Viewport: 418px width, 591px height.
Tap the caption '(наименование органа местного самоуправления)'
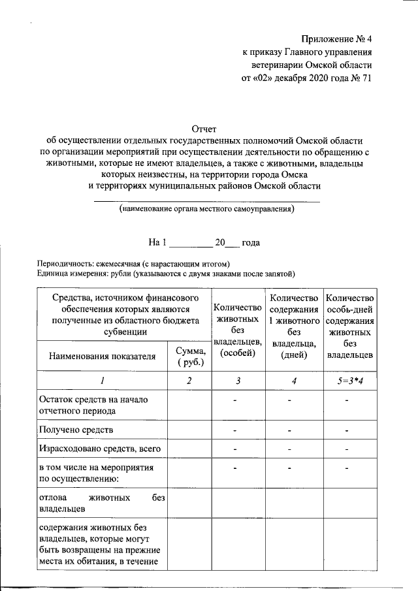[x=207, y=209]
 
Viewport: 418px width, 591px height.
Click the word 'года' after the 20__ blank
[x=251, y=243]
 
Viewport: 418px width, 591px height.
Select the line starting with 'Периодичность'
[x=134, y=263]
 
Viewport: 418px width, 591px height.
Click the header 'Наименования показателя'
[x=102, y=357]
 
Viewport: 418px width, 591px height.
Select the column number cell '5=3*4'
[x=350, y=381]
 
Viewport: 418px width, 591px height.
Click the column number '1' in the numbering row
[x=102, y=381]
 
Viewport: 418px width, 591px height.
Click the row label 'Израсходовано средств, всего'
[x=99, y=449]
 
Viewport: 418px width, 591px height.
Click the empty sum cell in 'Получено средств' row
[x=189, y=430]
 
